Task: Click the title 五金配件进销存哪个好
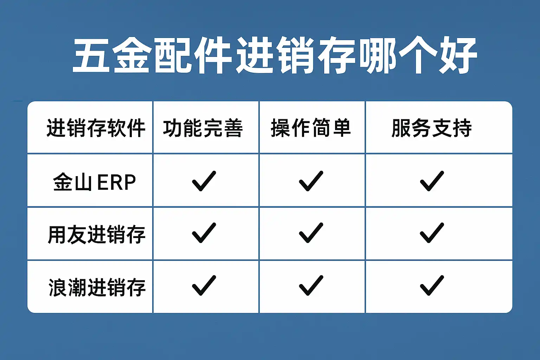(275, 56)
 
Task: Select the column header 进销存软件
(96, 128)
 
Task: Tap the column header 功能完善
(203, 128)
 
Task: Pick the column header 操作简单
(311, 128)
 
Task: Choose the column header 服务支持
(432, 128)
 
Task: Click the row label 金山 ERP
(95, 182)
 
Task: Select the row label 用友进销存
(96, 234)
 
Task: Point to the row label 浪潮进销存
(97, 288)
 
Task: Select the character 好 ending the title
(457, 56)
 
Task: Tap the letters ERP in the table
(116, 182)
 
